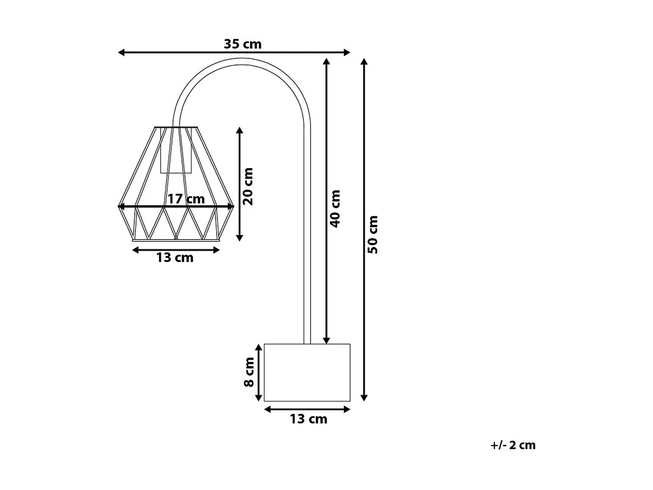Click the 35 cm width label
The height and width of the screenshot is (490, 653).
242,44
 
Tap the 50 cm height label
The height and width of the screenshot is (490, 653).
373,234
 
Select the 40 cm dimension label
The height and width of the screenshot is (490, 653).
336,208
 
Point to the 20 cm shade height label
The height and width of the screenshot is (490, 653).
248,186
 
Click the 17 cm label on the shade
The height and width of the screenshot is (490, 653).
186,199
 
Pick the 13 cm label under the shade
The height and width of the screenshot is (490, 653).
175,258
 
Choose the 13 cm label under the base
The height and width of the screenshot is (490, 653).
308,419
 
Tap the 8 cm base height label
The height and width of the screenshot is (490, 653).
249,372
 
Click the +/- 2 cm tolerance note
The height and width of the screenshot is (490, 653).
513,445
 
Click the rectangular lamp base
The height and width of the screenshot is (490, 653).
307,372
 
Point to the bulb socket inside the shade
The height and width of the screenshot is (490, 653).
176,150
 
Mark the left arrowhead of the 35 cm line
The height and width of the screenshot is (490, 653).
121,53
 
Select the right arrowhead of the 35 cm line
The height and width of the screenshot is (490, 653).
347,53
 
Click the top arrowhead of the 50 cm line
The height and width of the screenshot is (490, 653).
364,61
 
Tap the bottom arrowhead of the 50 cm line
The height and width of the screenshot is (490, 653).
364,397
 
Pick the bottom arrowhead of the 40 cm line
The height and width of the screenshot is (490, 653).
326,341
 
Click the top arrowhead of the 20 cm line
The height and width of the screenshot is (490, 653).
239,131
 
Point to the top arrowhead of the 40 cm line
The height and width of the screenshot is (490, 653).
326,61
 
